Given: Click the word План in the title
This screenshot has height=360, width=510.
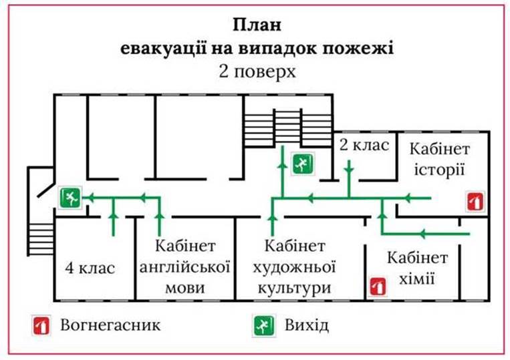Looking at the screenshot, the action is click(257, 25).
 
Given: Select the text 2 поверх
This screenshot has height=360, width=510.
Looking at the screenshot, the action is click(257, 71).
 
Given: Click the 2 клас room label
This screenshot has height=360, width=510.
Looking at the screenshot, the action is click(364, 145).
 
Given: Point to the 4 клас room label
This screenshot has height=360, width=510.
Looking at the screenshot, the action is click(90, 268).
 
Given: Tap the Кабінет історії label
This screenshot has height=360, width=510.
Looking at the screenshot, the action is click(439, 160).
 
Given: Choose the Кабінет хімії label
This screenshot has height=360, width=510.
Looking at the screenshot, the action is click(417, 268).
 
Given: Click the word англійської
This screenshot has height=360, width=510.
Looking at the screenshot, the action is click(184, 267).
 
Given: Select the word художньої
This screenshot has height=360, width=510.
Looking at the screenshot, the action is click(294, 267).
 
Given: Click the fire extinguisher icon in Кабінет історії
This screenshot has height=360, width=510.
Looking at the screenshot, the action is click(475, 202).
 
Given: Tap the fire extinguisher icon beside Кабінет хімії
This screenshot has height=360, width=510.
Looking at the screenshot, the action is click(378, 287).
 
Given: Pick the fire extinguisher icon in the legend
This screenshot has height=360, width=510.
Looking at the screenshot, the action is click(41, 325).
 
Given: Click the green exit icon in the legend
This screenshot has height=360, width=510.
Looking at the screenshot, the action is click(264, 325).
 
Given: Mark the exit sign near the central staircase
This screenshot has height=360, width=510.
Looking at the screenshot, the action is click(303, 164).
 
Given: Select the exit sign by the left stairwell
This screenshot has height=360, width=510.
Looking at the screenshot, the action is click(70, 198).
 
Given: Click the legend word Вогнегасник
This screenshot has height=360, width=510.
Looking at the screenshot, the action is click(110, 325).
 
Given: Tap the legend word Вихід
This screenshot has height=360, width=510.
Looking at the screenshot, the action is click(306, 325).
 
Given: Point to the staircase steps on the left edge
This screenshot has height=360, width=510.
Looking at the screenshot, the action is click(41, 240).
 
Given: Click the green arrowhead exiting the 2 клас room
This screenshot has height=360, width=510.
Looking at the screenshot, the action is click(349, 169).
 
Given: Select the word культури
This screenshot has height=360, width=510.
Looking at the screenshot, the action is click(294, 289).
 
